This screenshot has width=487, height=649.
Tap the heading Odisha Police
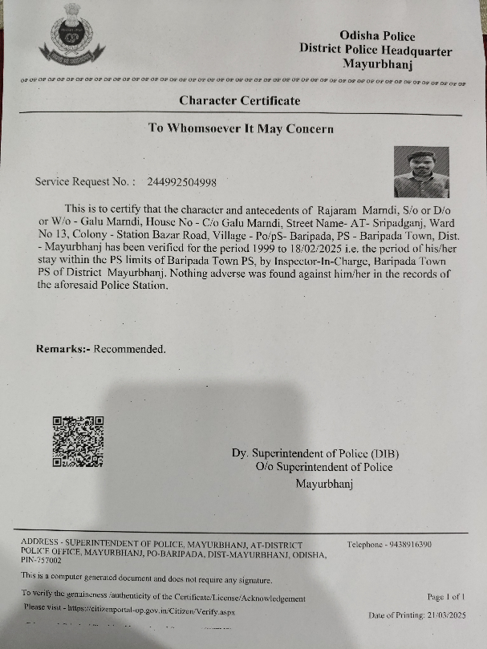click(377, 36)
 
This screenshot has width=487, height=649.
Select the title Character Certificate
click(240, 100)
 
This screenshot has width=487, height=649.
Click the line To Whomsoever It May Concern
click(241, 128)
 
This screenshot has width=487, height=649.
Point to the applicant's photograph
click(420, 172)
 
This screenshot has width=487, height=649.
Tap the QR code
click(78, 441)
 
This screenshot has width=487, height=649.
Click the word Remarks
click(62, 348)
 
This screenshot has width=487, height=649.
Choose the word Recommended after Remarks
click(130, 348)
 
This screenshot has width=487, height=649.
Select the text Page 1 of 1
click(446, 597)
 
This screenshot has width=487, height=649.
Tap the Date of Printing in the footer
click(416, 615)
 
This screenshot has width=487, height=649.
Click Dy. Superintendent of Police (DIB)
click(315, 453)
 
